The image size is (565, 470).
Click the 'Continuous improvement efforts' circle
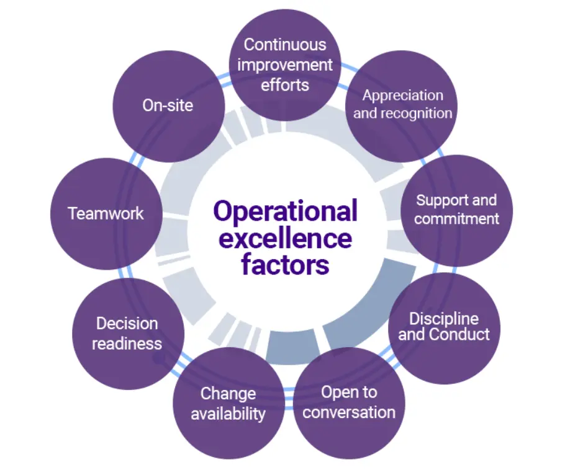(x=285, y=65)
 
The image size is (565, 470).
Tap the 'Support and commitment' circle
(x=456, y=210)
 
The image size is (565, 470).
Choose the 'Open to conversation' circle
(x=348, y=403)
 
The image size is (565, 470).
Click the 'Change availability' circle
(x=228, y=404)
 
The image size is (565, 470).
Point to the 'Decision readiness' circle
(x=127, y=334)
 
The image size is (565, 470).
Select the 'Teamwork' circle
(x=106, y=214)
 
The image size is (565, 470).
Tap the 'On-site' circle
(x=168, y=106)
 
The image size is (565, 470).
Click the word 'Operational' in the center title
(x=285, y=211)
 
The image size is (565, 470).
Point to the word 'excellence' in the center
(x=285, y=238)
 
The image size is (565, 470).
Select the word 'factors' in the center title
(x=285, y=265)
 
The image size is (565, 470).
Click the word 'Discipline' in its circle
(x=443, y=319)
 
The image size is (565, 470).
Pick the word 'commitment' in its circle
(x=456, y=219)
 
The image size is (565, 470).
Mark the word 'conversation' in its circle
(x=349, y=412)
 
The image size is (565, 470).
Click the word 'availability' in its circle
(x=228, y=414)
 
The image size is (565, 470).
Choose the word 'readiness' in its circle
(x=127, y=344)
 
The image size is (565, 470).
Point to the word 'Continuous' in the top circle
(x=285, y=45)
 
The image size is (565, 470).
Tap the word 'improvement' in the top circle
(x=285, y=64)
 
